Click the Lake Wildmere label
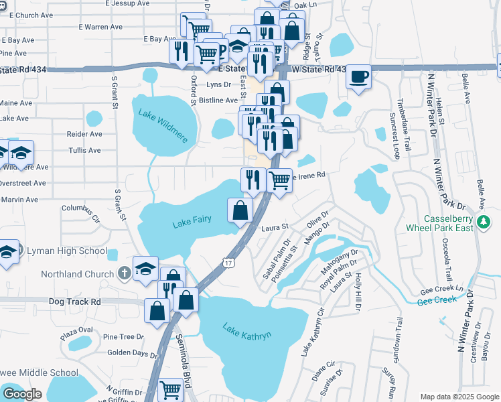[x=164, y=122]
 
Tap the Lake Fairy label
[x=192, y=222]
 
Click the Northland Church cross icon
[x=123, y=273]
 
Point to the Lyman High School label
[x=66, y=251]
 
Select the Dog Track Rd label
[x=74, y=302]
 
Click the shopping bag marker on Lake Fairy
[x=240, y=211]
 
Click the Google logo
[x=22, y=394]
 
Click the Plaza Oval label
[x=77, y=333]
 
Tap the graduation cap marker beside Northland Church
[x=145, y=269]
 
